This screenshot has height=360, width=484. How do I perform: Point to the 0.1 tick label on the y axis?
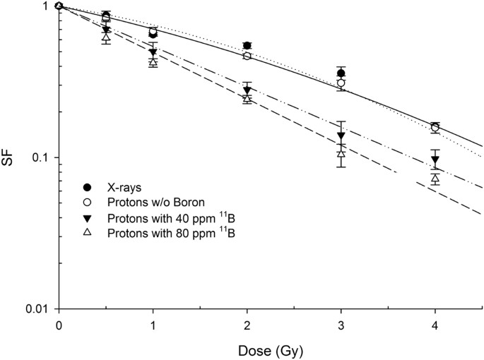pyautogui.click(x=42, y=157)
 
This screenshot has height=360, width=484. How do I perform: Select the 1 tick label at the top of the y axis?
pyautogui.click(x=47, y=6)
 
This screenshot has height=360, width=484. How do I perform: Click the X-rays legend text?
pyautogui.click(x=119, y=187)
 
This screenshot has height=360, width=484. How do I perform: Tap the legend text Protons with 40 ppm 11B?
pyautogui.click(x=158, y=215)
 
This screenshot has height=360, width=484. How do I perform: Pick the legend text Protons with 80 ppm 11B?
pyautogui.click(x=158, y=230)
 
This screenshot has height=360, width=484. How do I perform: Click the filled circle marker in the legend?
pyautogui.click(x=87, y=187)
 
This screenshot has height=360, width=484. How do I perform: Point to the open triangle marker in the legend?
pyautogui.click(x=87, y=230)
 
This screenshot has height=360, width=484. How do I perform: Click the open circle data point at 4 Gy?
pyautogui.click(x=435, y=128)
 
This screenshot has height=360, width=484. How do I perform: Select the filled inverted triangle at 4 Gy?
pyautogui.click(x=435, y=160)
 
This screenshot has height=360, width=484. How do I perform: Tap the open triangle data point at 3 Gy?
pyautogui.click(x=341, y=152)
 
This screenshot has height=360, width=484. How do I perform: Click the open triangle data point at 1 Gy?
pyautogui.click(x=153, y=61)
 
